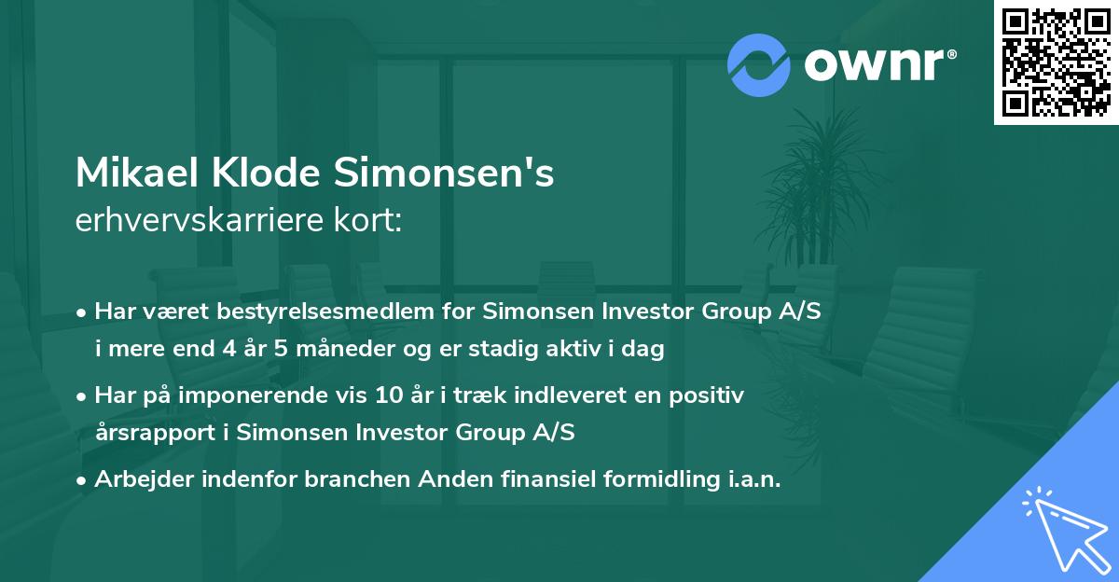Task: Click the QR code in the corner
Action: [1056, 62]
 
